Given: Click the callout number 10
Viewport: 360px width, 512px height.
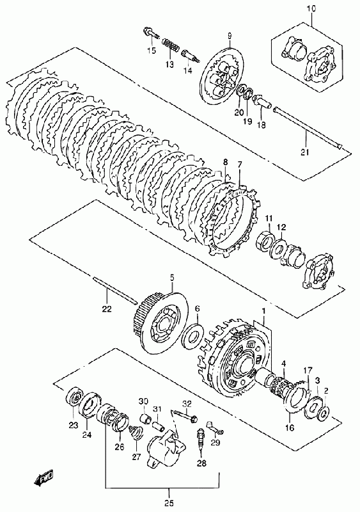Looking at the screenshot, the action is pyautogui.click(x=311, y=9).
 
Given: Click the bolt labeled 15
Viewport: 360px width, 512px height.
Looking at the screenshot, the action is pyautogui.click(x=151, y=33).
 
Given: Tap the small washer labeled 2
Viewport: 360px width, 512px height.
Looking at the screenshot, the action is pyautogui.click(x=324, y=412).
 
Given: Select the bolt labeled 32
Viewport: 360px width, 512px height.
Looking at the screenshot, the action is pyautogui.click(x=185, y=415).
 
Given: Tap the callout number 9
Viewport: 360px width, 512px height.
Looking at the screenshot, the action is pyautogui.click(x=230, y=35).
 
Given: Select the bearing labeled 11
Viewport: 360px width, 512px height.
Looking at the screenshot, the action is pyautogui.click(x=265, y=242).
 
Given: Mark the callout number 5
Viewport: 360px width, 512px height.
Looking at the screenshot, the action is pyautogui.click(x=171, y=278).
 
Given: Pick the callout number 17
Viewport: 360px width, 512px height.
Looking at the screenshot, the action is pyautogui.click(x=308, y=371).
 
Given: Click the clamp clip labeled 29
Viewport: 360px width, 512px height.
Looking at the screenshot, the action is pyautogui.click(x=214, y=428).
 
